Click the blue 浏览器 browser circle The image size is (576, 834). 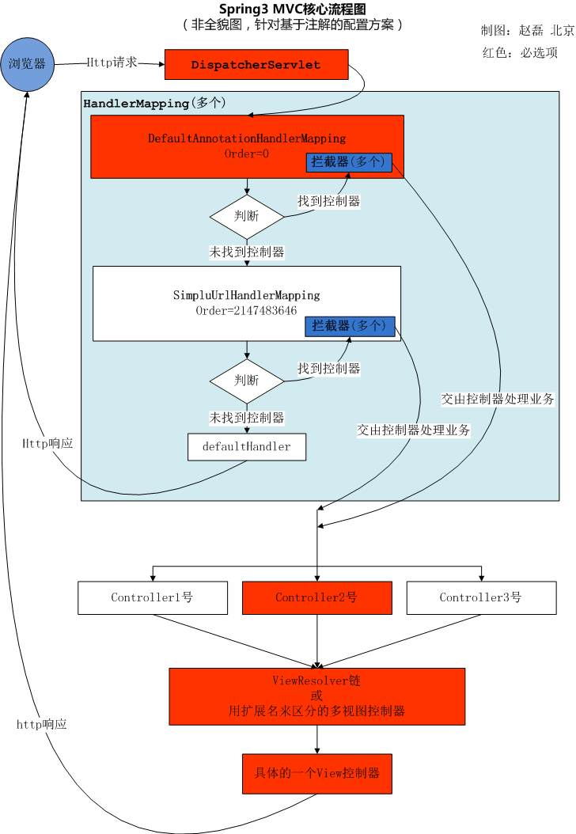(x=27, y=63)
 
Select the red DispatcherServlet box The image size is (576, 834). (x=256, y=65)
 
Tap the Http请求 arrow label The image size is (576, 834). (x=112, y=62)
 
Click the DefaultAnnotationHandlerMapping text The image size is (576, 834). (x=247, y=138)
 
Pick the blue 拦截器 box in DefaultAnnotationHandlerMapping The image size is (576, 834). (x=348, y=161)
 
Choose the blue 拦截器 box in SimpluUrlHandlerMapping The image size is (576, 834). (x=349, y=326)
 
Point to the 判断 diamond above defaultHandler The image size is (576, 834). (x=247, y=381)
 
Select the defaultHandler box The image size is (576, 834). (x=246, y=446)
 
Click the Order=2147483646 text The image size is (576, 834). (x=247, y=311)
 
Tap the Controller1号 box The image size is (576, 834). (x=152, y=597)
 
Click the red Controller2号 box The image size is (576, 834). (x=316, y=597)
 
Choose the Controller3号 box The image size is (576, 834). (x=481, y=597)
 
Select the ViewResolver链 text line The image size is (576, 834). (x=316, y=680)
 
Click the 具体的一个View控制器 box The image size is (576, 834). (x=316, y=773)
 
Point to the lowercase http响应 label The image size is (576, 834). (x=42, y=724)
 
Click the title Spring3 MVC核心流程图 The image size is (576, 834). (x=293, y=9)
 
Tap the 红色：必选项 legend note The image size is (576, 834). (x=520, y=53)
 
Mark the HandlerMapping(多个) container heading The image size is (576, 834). (x=154, y=103)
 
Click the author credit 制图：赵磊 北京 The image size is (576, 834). (x=527, y=30)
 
